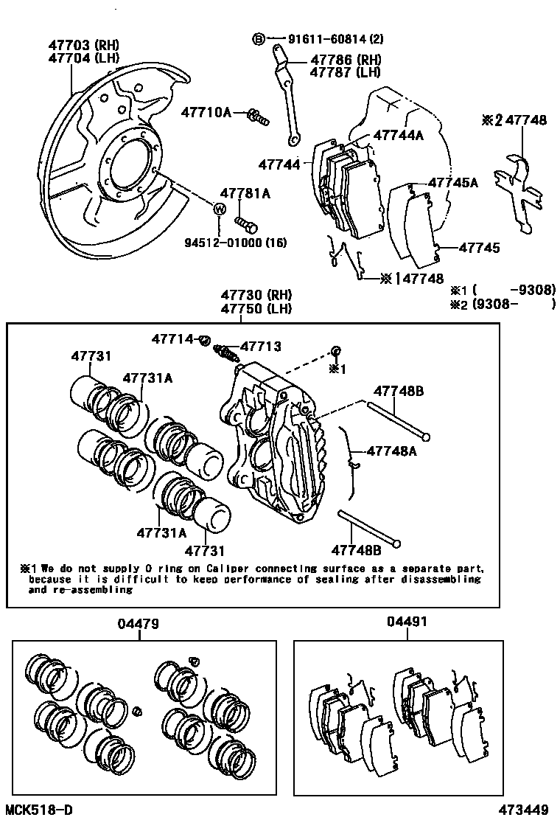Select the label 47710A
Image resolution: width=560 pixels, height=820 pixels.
click(206, 113)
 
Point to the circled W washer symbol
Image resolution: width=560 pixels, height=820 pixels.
click(219, 209)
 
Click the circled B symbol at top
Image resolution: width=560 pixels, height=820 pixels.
click(259, 39)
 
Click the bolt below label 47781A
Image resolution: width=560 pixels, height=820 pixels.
click(245, 221)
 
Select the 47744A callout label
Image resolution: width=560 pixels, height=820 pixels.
click(399, 135)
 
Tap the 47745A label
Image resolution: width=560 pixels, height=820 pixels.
click(453, 182)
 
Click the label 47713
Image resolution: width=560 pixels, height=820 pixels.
click(261, 346)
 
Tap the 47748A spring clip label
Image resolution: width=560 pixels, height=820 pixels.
click(391, 451)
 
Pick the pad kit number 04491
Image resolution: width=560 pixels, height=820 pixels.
click(406, 622)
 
